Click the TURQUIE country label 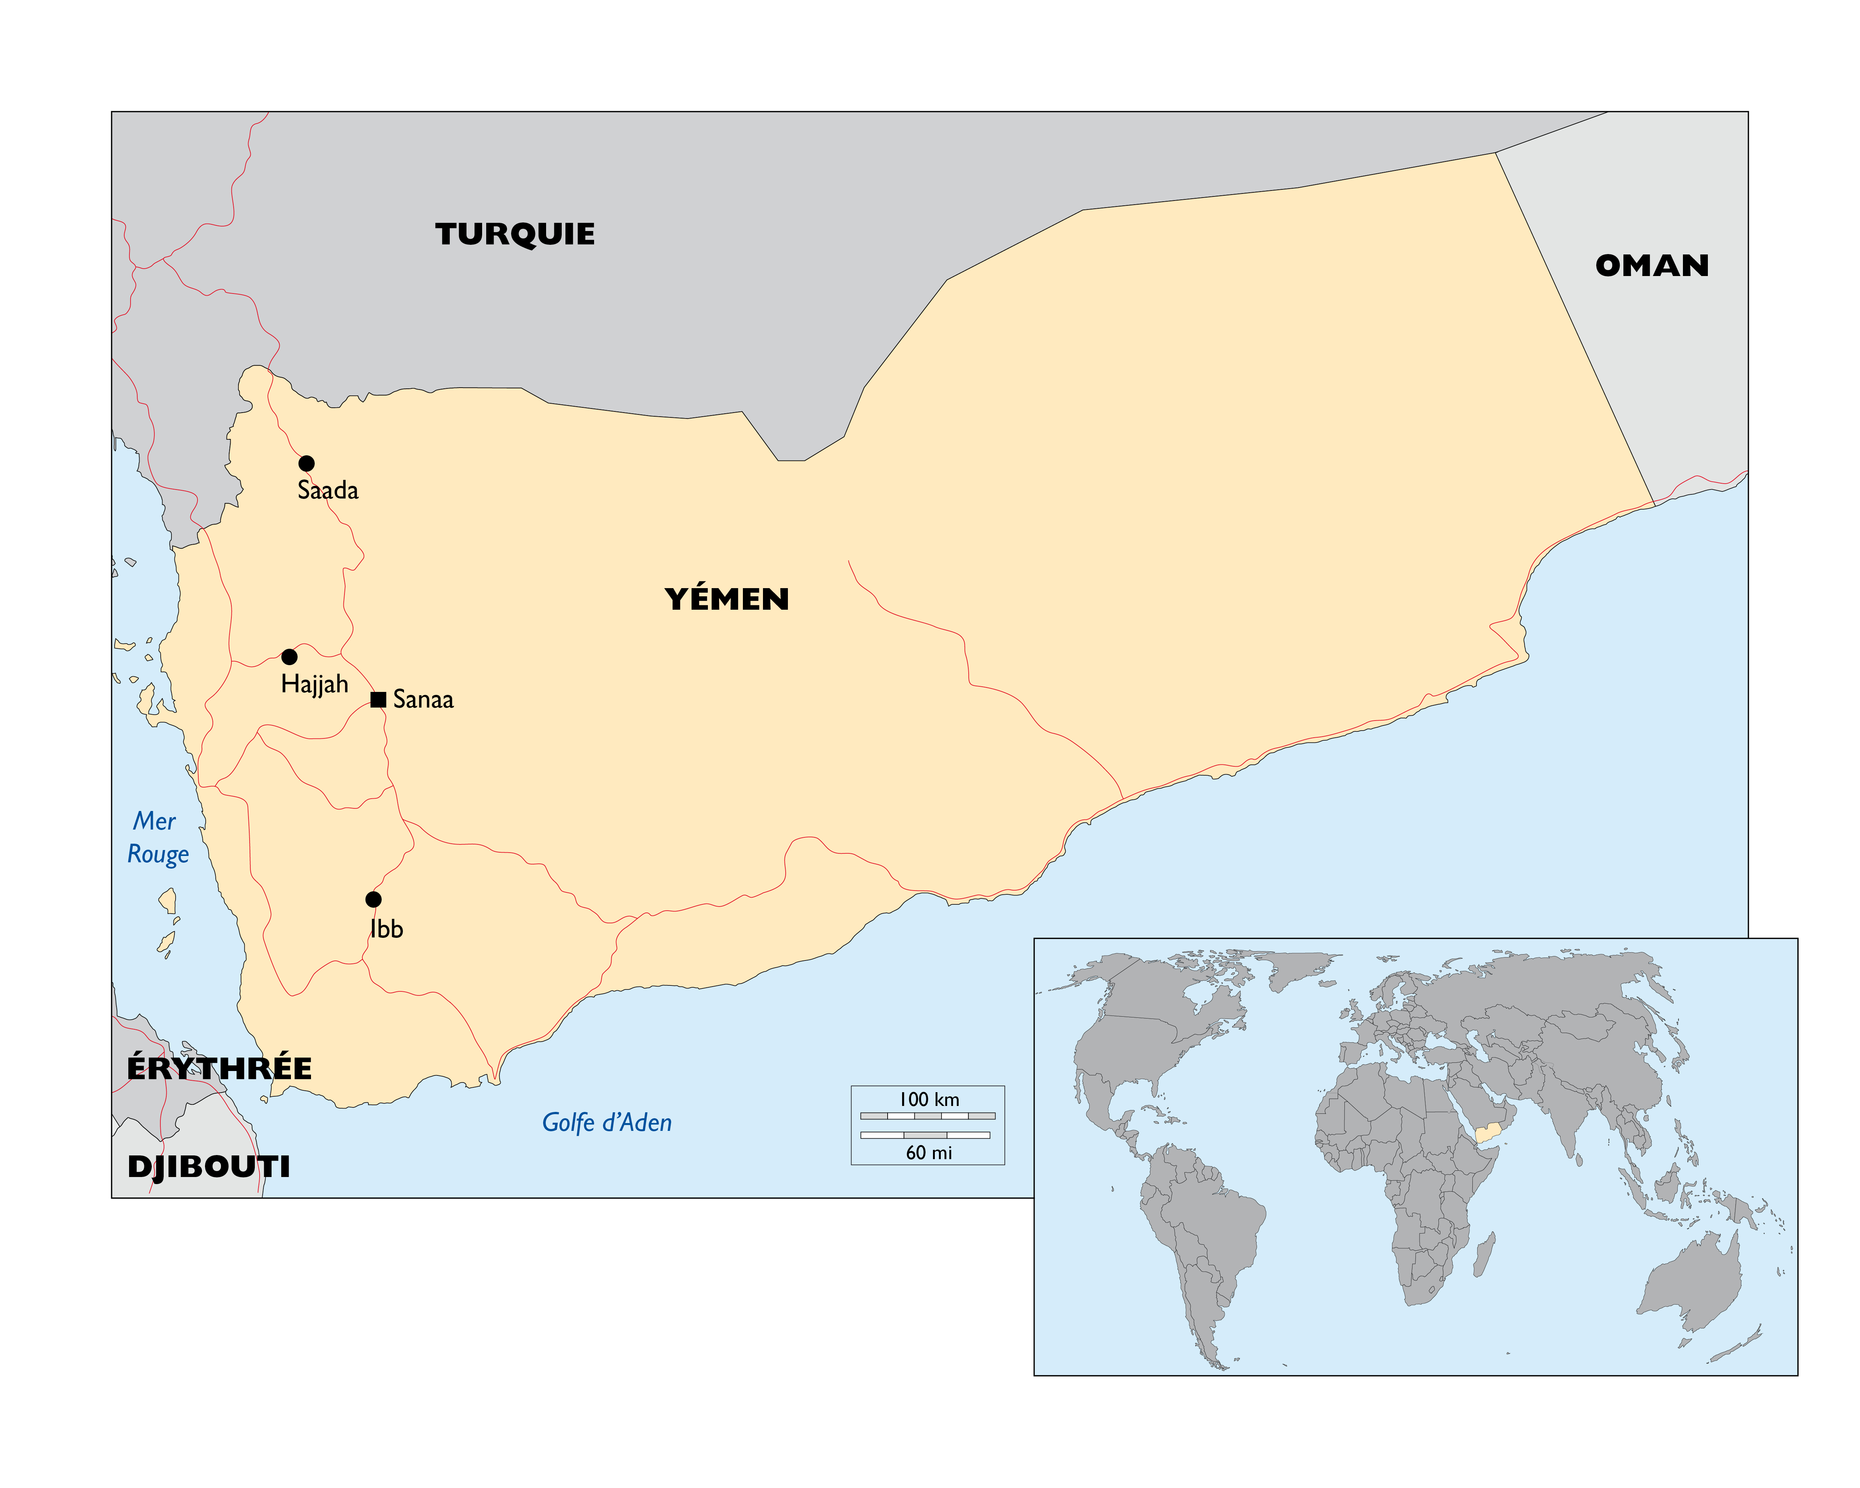coord(515,235)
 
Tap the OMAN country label coord(1651,266)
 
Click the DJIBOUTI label coord(209,1167)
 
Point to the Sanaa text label coord(423,700)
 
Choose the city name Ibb coord(387,929)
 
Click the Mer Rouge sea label coord(157,838)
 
